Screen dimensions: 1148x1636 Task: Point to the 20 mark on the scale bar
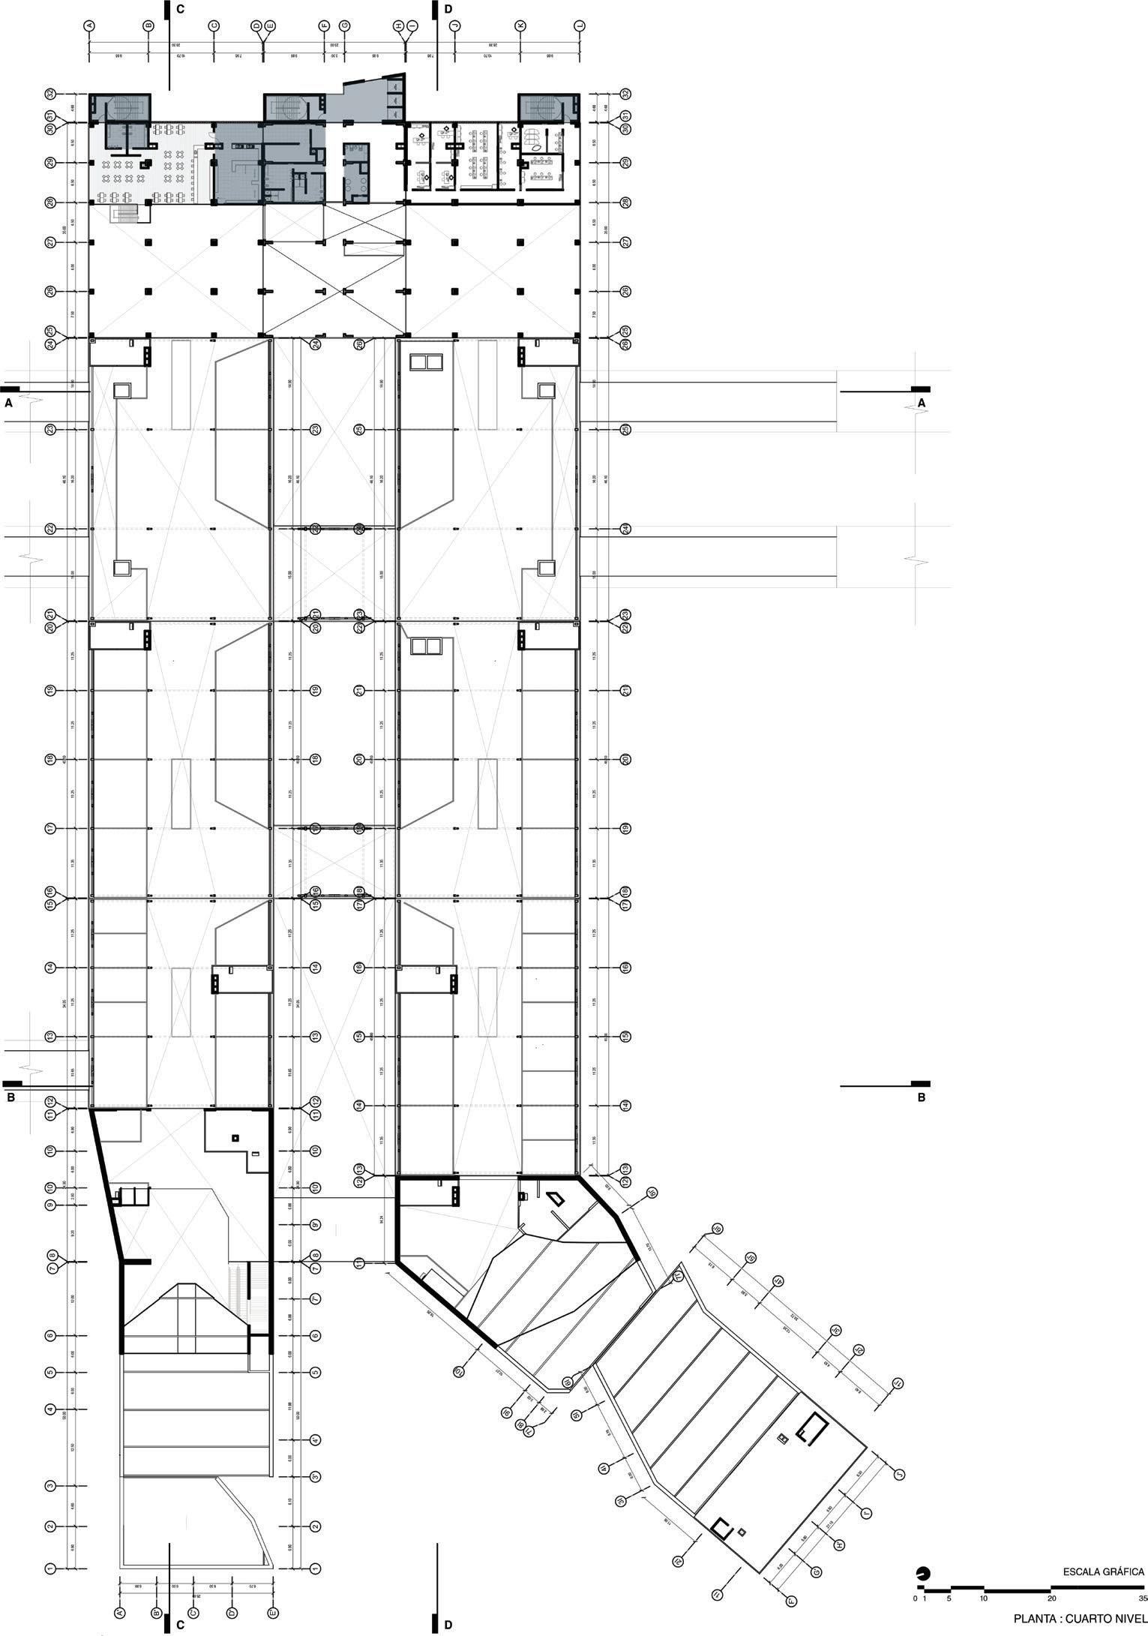pyautogui.click(x=1051, y=1598)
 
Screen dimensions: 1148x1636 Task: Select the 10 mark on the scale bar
pyautogui.click(x=983, y=1598)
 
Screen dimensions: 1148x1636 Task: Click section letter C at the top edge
pyautogui.click(x=179, y=9)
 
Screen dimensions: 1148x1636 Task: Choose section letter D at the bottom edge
pyautogui.click(x=448, y=1625)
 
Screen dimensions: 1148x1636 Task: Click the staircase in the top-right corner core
pyautogui.click(x=548, y=107)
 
